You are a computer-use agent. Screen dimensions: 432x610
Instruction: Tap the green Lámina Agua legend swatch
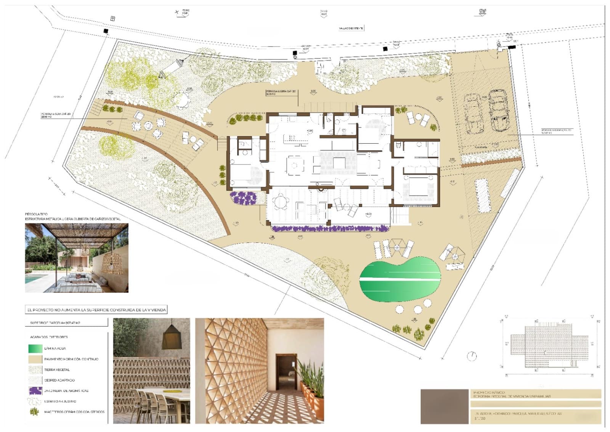[35, 348]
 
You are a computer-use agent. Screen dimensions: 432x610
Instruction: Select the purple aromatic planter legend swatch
[35, 391]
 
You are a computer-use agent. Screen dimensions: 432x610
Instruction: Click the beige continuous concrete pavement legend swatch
[35, 359]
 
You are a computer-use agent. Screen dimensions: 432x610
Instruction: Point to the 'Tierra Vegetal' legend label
[57, 370]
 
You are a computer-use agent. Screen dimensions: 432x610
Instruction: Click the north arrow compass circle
[472, 356]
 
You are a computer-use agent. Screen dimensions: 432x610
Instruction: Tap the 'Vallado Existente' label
[351, 28]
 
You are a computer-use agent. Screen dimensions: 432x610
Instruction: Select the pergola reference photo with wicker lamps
[77, 258]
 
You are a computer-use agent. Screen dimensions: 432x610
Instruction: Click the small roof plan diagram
[549, 346]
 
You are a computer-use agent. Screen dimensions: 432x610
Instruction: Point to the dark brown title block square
[445, 406]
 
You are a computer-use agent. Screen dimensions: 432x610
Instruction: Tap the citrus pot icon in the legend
[35, 412]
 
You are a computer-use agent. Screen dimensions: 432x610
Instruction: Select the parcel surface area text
[55, 323]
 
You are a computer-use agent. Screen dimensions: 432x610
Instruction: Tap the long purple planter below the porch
[330, 229]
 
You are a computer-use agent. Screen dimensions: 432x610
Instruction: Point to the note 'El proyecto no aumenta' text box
[96, 310]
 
